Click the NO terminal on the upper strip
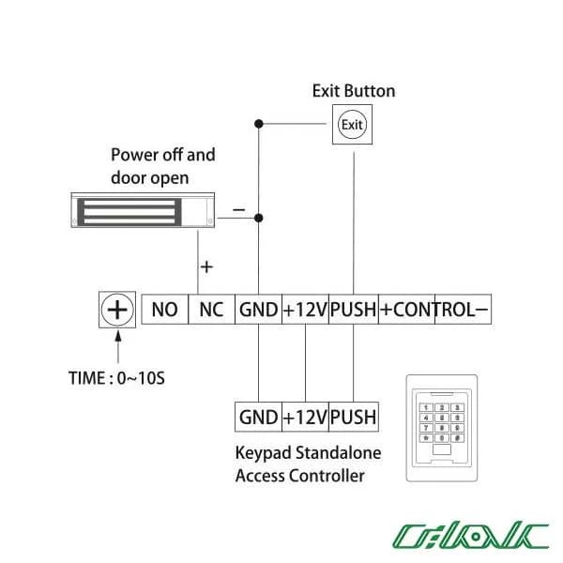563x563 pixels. coord(165,310)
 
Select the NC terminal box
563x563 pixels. coord(211,310)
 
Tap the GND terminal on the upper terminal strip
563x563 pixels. coord(259,310)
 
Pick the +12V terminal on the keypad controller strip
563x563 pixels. coord(306,417)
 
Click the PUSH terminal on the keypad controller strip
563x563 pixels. coord(354,417)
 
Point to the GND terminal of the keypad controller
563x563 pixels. coord(259,417)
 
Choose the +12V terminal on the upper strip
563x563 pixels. coord(306,310)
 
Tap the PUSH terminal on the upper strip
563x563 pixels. coord(354,310)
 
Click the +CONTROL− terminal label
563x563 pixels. coord(434,310)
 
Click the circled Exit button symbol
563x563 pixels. coord(352,125)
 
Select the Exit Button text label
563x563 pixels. coord(354,91)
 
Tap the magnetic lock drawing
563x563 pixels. coord(143,210)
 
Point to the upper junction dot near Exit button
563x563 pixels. coord(259,124)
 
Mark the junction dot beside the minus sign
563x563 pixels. coord(259,218)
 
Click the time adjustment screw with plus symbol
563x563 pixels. coord(117,310)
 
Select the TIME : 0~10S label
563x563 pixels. coord(116,378)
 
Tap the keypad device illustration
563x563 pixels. coord(442,428)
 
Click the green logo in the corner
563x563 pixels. coord(471,536)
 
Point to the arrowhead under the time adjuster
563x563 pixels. coord(118,337)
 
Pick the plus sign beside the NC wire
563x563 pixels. coord(206,266)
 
